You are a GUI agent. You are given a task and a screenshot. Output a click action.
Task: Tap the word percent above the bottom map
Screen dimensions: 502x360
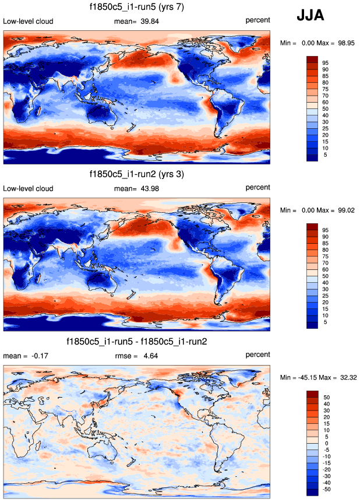point(257,354)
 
